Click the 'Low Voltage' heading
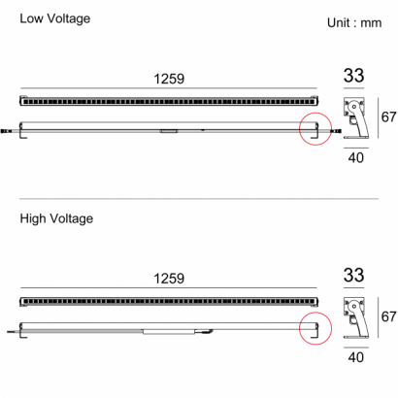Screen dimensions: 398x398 [55, 18]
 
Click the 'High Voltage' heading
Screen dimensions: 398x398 [56, 218]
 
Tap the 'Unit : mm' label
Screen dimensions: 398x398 [354, 22]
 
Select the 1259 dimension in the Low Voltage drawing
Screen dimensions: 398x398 [169, 79]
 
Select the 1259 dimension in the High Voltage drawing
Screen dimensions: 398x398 [169, 279]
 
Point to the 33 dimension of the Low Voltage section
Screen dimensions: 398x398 [353, 76]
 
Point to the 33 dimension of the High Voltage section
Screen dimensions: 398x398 [353, 275]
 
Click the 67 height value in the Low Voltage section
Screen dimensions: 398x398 [388, 116]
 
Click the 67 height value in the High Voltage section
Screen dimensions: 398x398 [388, 316]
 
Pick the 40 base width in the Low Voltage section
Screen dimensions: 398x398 [356, 158]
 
